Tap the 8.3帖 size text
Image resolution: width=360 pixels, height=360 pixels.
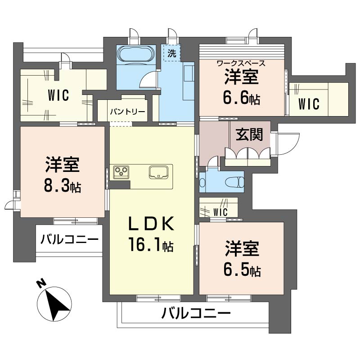tap(63, 187)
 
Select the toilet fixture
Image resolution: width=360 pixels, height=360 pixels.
tap(234, 182)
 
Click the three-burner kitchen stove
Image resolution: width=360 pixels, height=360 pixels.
tap(121, 171)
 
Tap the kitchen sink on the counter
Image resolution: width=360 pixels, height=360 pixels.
tap(159, 171)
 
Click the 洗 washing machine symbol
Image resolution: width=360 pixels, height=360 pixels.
tap(171, 53)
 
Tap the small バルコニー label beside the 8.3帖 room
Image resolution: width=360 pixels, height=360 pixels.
tap(69, 238)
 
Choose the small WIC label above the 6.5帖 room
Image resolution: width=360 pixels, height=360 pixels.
tap(220, 211)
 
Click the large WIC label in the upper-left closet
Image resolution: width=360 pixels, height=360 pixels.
tap(58, 95)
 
